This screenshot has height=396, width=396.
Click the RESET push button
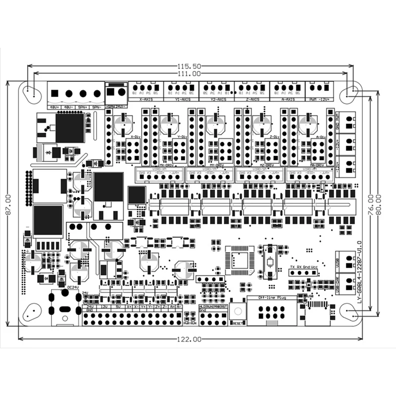point(238,312)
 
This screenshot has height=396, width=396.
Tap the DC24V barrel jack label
point(73,287)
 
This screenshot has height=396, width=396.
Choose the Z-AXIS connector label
point(252,99)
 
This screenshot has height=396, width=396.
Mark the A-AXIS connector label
point(288,99)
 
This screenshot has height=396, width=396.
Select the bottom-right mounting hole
point(350,311)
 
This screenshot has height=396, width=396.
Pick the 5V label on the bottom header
point(117,307)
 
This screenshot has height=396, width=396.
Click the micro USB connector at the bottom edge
point(317,314)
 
